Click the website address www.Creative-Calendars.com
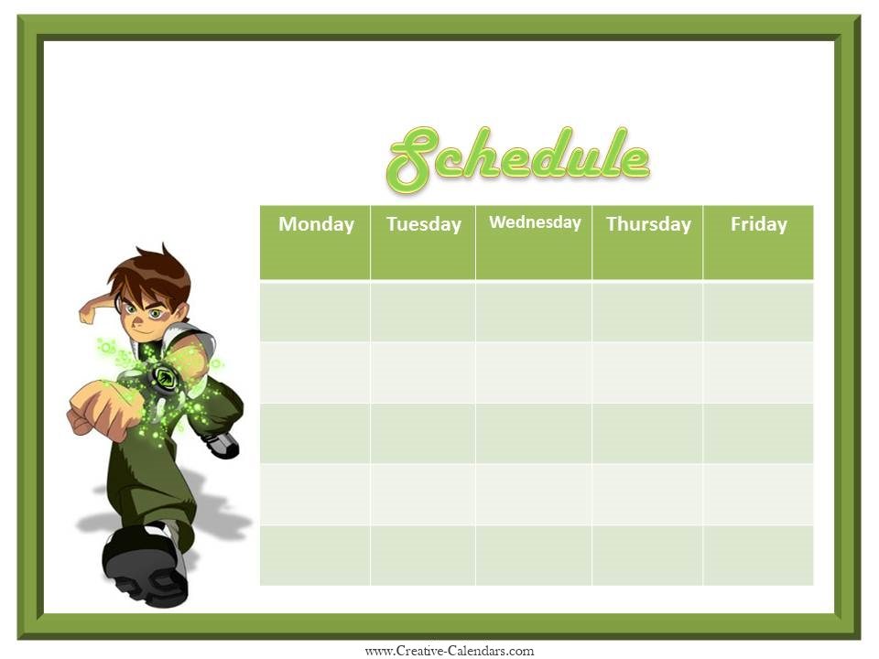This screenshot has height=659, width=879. pos(449,651)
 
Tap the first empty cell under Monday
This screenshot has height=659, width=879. pos(315,312)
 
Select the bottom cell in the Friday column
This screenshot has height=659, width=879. pos(758,555)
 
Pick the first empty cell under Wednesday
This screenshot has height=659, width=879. pos(534,312)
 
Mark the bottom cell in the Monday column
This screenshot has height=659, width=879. pos(315,555)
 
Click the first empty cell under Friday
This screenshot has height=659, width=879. pos(758,312)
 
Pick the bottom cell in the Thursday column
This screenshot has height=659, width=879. pos(647,555)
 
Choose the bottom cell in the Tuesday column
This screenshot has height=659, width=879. pos(423,555)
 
